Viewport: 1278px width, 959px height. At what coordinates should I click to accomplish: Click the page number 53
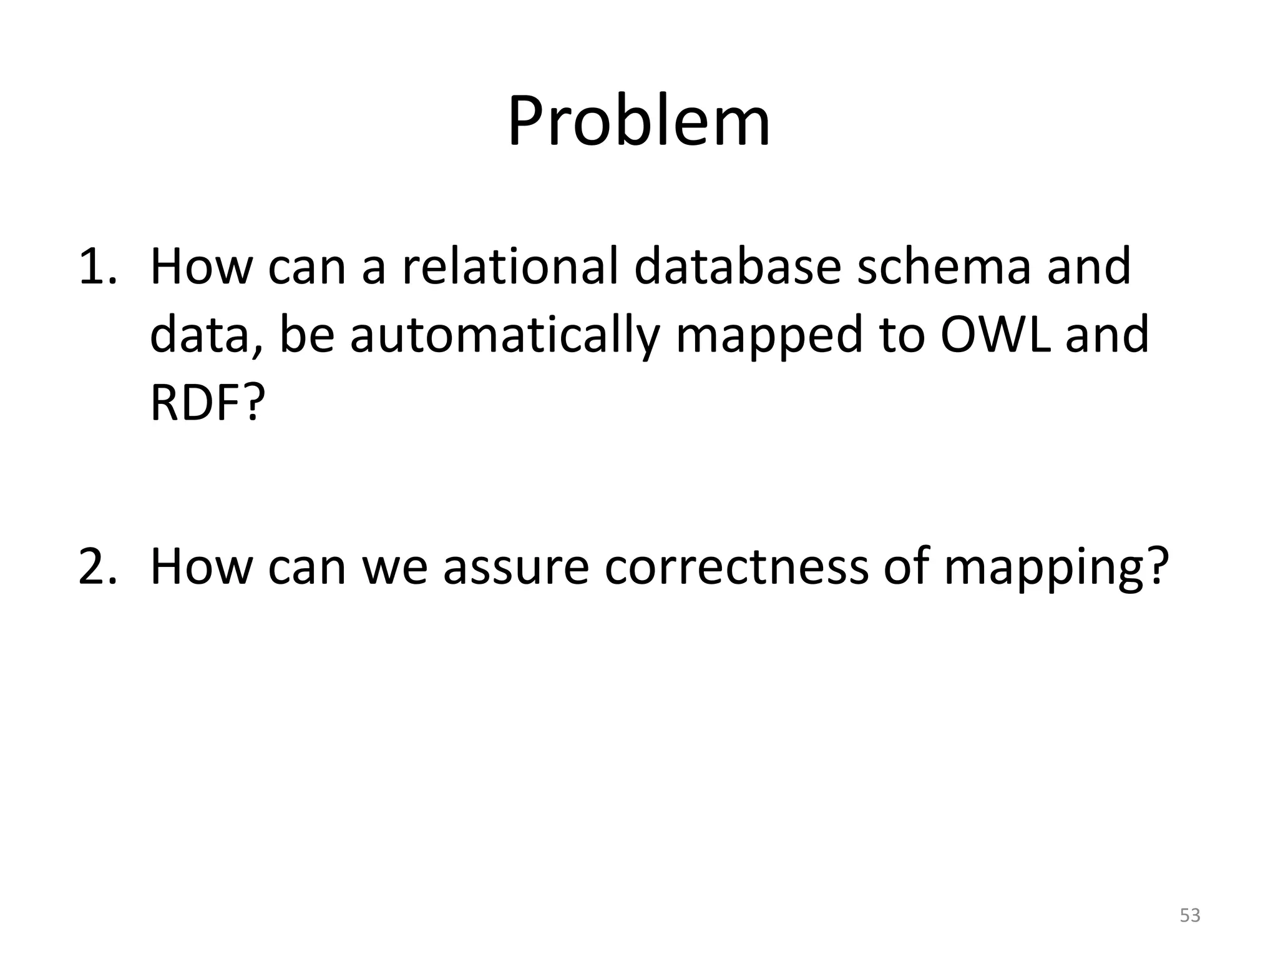pos(1190,915)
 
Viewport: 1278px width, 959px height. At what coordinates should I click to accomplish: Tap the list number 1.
pos(97,266)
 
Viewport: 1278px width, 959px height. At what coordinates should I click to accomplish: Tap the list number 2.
pos(97,567)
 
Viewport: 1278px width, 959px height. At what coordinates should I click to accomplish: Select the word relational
pos(510,266)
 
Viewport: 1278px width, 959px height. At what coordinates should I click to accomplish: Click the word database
pos(738,266)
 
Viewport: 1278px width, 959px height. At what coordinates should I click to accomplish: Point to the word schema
pos(944,266)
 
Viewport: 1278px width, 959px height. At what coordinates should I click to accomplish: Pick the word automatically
pos(504,335)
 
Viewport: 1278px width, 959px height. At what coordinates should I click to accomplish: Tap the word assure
pos(515,567)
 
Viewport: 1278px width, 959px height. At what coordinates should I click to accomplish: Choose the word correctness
pos(736,567)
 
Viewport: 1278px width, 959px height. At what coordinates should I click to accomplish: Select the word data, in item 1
pos(206,335)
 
